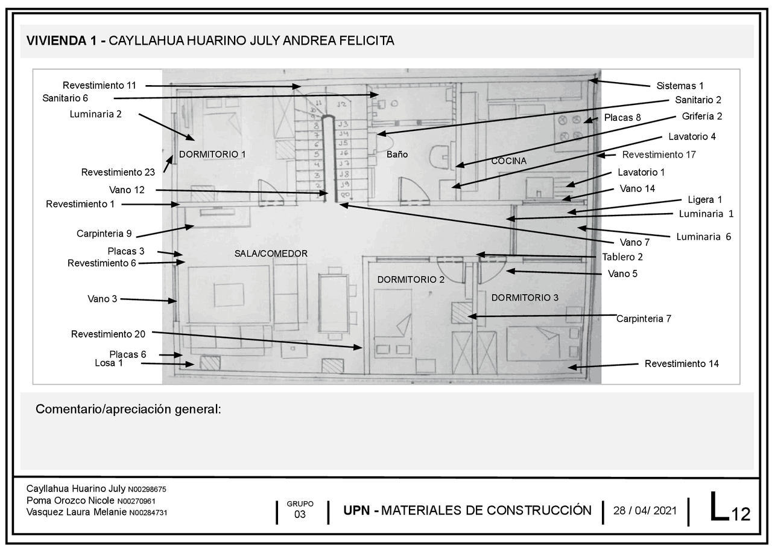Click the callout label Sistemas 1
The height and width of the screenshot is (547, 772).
tap(680, 86)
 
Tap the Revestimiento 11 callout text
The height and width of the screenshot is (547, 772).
tap(100, 85)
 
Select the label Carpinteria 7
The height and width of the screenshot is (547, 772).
tap(644, 318)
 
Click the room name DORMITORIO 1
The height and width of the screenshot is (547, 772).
tap(212, 154)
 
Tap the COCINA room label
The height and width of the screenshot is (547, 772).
tap(509, 161)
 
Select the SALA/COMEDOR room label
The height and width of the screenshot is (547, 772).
tap(271, 254)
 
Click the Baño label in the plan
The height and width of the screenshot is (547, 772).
tap(397, 155)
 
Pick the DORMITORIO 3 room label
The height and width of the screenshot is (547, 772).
tap(525, 298)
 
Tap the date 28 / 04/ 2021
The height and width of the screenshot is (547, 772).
tap(645, 510)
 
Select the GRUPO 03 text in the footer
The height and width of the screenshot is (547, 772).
tap(300, 510)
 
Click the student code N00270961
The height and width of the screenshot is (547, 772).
tap(136, 501)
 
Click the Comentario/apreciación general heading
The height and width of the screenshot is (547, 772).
tap(128, 409)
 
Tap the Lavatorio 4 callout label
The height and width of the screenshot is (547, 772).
tap(692, 136)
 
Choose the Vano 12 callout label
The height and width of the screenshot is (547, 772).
tap(127, 190)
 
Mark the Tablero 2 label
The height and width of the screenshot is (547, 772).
tap(622, 257)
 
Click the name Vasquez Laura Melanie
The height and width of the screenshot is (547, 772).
tap(76, 512)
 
